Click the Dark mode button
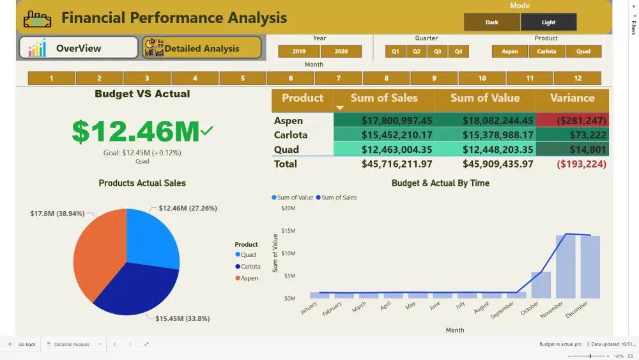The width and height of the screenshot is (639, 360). point(492,22)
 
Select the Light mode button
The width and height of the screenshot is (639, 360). point(548,22)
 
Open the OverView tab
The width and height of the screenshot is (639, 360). point(79,48)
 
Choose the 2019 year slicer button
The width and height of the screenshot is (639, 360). point(299,51)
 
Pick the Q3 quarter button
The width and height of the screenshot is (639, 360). point(437,51)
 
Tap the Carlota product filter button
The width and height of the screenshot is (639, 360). point(546,51)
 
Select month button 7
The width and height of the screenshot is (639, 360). point(339,79)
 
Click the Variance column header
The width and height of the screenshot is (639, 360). point(572,98)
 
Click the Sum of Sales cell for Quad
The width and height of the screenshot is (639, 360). point(384,150)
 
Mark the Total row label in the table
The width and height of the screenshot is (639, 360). point(286,164)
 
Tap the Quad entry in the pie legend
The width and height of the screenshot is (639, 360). point(248,254)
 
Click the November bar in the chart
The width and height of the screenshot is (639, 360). point(566,267)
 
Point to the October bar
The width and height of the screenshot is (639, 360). point(541,285)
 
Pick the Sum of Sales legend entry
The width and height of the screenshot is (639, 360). point(339,198)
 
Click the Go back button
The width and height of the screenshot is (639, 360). point(22,344)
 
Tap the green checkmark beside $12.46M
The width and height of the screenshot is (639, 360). point(206,131)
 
